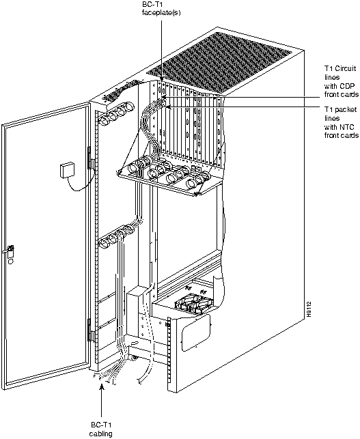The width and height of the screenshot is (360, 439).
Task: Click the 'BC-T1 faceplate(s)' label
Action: click(161, 9)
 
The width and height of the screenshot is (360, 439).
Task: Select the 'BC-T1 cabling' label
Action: click(101, 429)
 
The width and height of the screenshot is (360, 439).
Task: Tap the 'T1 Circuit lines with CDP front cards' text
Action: click(342, 81)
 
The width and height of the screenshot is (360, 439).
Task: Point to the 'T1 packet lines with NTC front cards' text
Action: click(342, 122)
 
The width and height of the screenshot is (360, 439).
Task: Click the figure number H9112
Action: click(309, 309)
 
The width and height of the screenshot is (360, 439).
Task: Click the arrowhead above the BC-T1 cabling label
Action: click(102, 386)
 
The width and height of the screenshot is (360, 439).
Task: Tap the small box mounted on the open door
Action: click(67, 170)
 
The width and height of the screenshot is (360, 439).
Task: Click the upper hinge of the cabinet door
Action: click(89, 158)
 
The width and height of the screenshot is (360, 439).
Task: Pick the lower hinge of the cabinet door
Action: click(89, 330)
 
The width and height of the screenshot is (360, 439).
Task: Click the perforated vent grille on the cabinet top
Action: click(219, 62)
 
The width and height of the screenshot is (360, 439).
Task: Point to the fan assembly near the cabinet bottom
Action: click(193, 303)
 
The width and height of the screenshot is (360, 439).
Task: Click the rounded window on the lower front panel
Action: click(196, 332)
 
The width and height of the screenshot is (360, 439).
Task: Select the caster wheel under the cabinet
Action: click(134, 358)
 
